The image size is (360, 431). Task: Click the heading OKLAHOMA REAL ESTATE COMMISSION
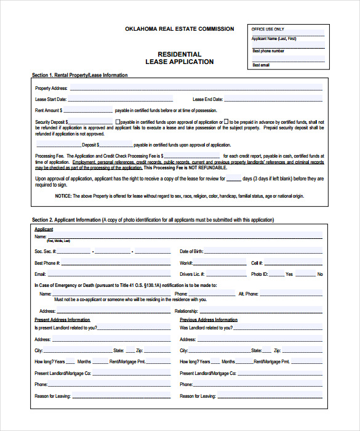(x=179, y=29)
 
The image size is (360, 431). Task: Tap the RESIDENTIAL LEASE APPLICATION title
(x=179, y=58)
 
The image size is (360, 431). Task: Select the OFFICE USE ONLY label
(x=268, y=29)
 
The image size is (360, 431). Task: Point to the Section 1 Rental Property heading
(x=80, y=75)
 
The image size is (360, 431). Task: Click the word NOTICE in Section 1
(x=63, y=196)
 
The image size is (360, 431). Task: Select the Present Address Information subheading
(x=62, y=320)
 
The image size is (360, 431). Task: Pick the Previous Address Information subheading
(x=209, y=320)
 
